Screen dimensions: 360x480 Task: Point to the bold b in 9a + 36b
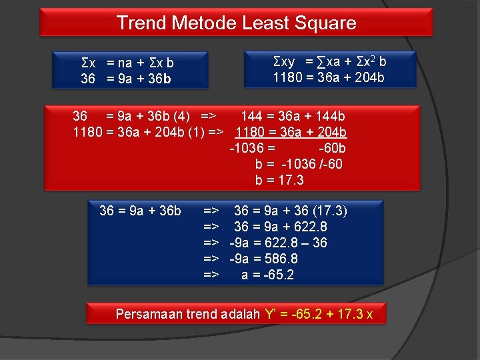167,79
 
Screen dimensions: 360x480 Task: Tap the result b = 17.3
279,180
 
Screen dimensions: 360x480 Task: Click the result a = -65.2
267,275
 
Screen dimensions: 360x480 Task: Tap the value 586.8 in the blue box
279,259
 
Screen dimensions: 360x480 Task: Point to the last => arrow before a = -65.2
211,275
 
